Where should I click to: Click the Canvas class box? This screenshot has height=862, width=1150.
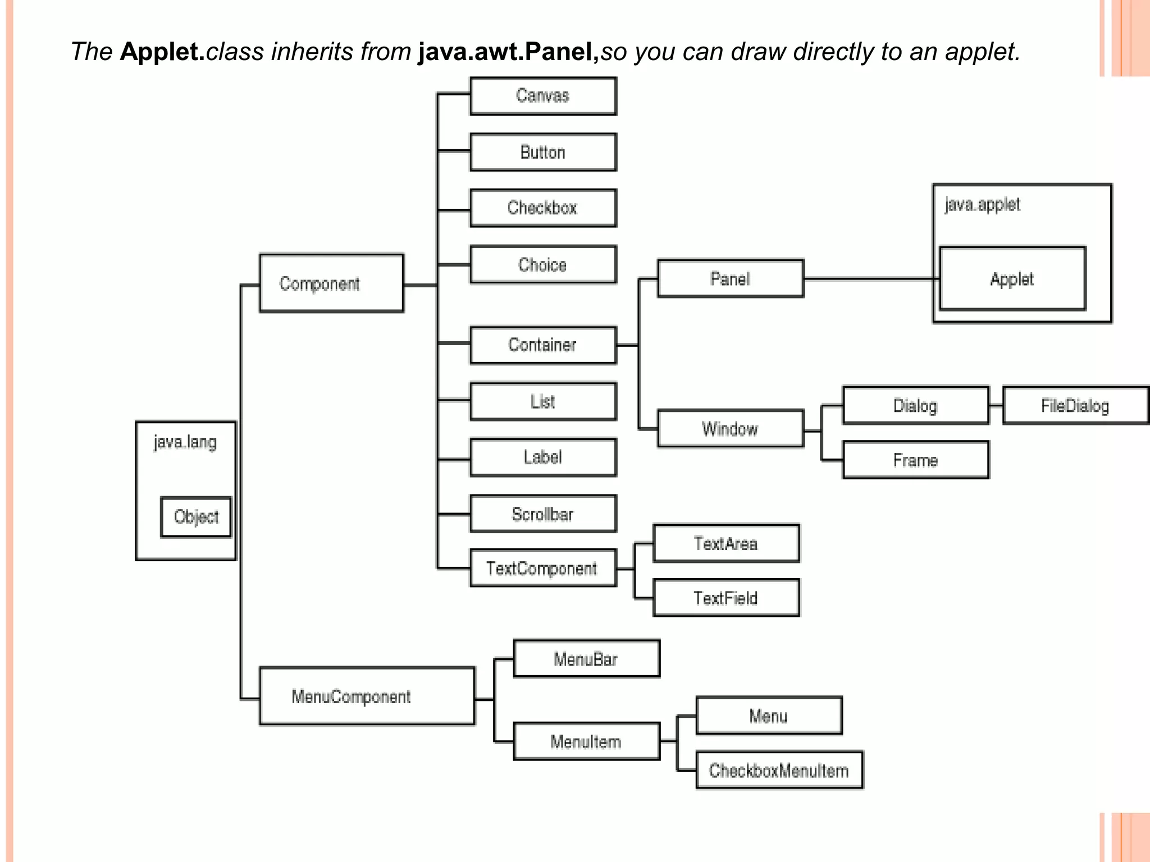point(543,96)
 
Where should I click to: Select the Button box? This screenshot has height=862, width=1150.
point(543,152)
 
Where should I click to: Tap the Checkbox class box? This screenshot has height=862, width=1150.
point(543,208)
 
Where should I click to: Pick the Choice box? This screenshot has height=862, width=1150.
point(543,264)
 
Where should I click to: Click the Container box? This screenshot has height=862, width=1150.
point(543,345)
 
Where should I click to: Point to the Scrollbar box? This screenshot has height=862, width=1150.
point(543,514)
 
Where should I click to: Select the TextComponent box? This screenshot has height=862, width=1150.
point(543,568)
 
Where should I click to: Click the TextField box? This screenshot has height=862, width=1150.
point(726,598)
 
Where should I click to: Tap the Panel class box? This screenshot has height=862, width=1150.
point(730,278)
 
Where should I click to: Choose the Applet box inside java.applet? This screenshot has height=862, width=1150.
point(1012,279)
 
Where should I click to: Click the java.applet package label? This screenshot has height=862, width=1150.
point(982,204)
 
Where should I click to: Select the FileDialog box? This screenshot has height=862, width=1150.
point(1075,405)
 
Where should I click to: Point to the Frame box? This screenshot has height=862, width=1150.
point(915,460)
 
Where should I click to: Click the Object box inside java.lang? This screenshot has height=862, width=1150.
point(196,517)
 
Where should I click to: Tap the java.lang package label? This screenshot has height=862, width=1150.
point(185,442)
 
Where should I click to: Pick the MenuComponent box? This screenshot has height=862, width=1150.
point(367,696)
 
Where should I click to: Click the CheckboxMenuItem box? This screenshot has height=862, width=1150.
point(779,771)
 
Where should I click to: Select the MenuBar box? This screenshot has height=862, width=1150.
point(586,659)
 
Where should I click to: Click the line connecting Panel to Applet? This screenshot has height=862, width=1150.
point(870,278)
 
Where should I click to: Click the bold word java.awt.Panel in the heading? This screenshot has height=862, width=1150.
point(508,52)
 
